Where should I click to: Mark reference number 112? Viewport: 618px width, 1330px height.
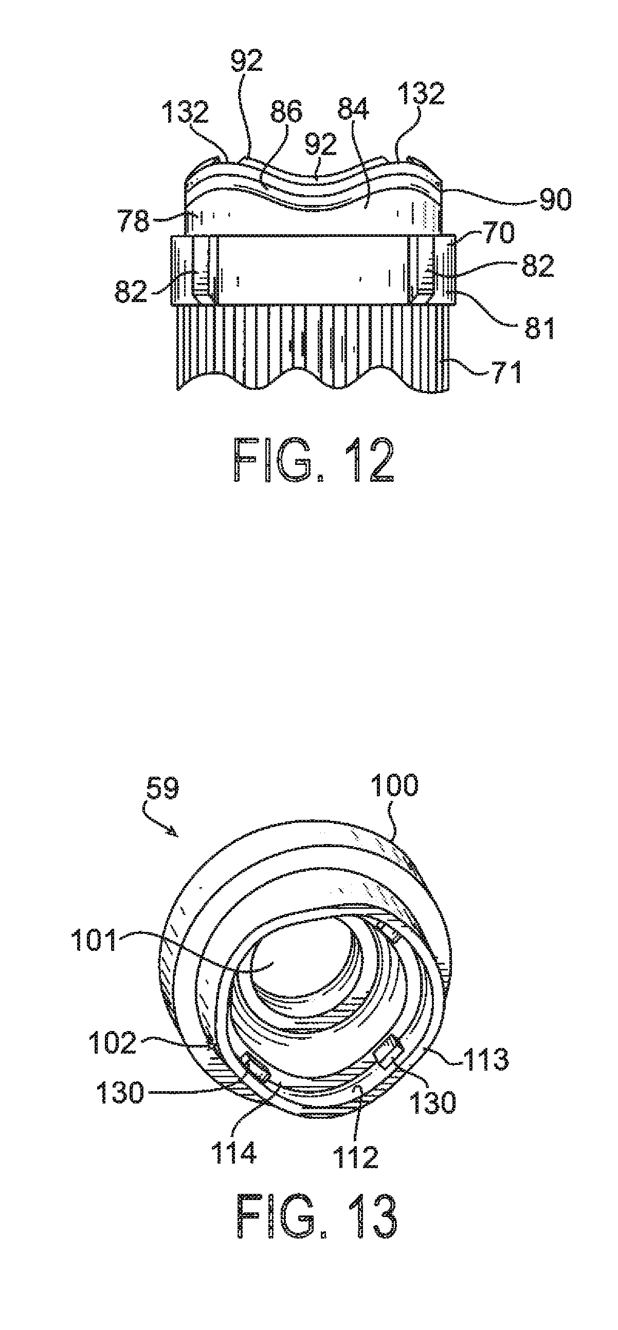tap(356, 1140)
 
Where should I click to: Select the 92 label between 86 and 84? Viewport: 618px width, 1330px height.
tap(320, 143)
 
